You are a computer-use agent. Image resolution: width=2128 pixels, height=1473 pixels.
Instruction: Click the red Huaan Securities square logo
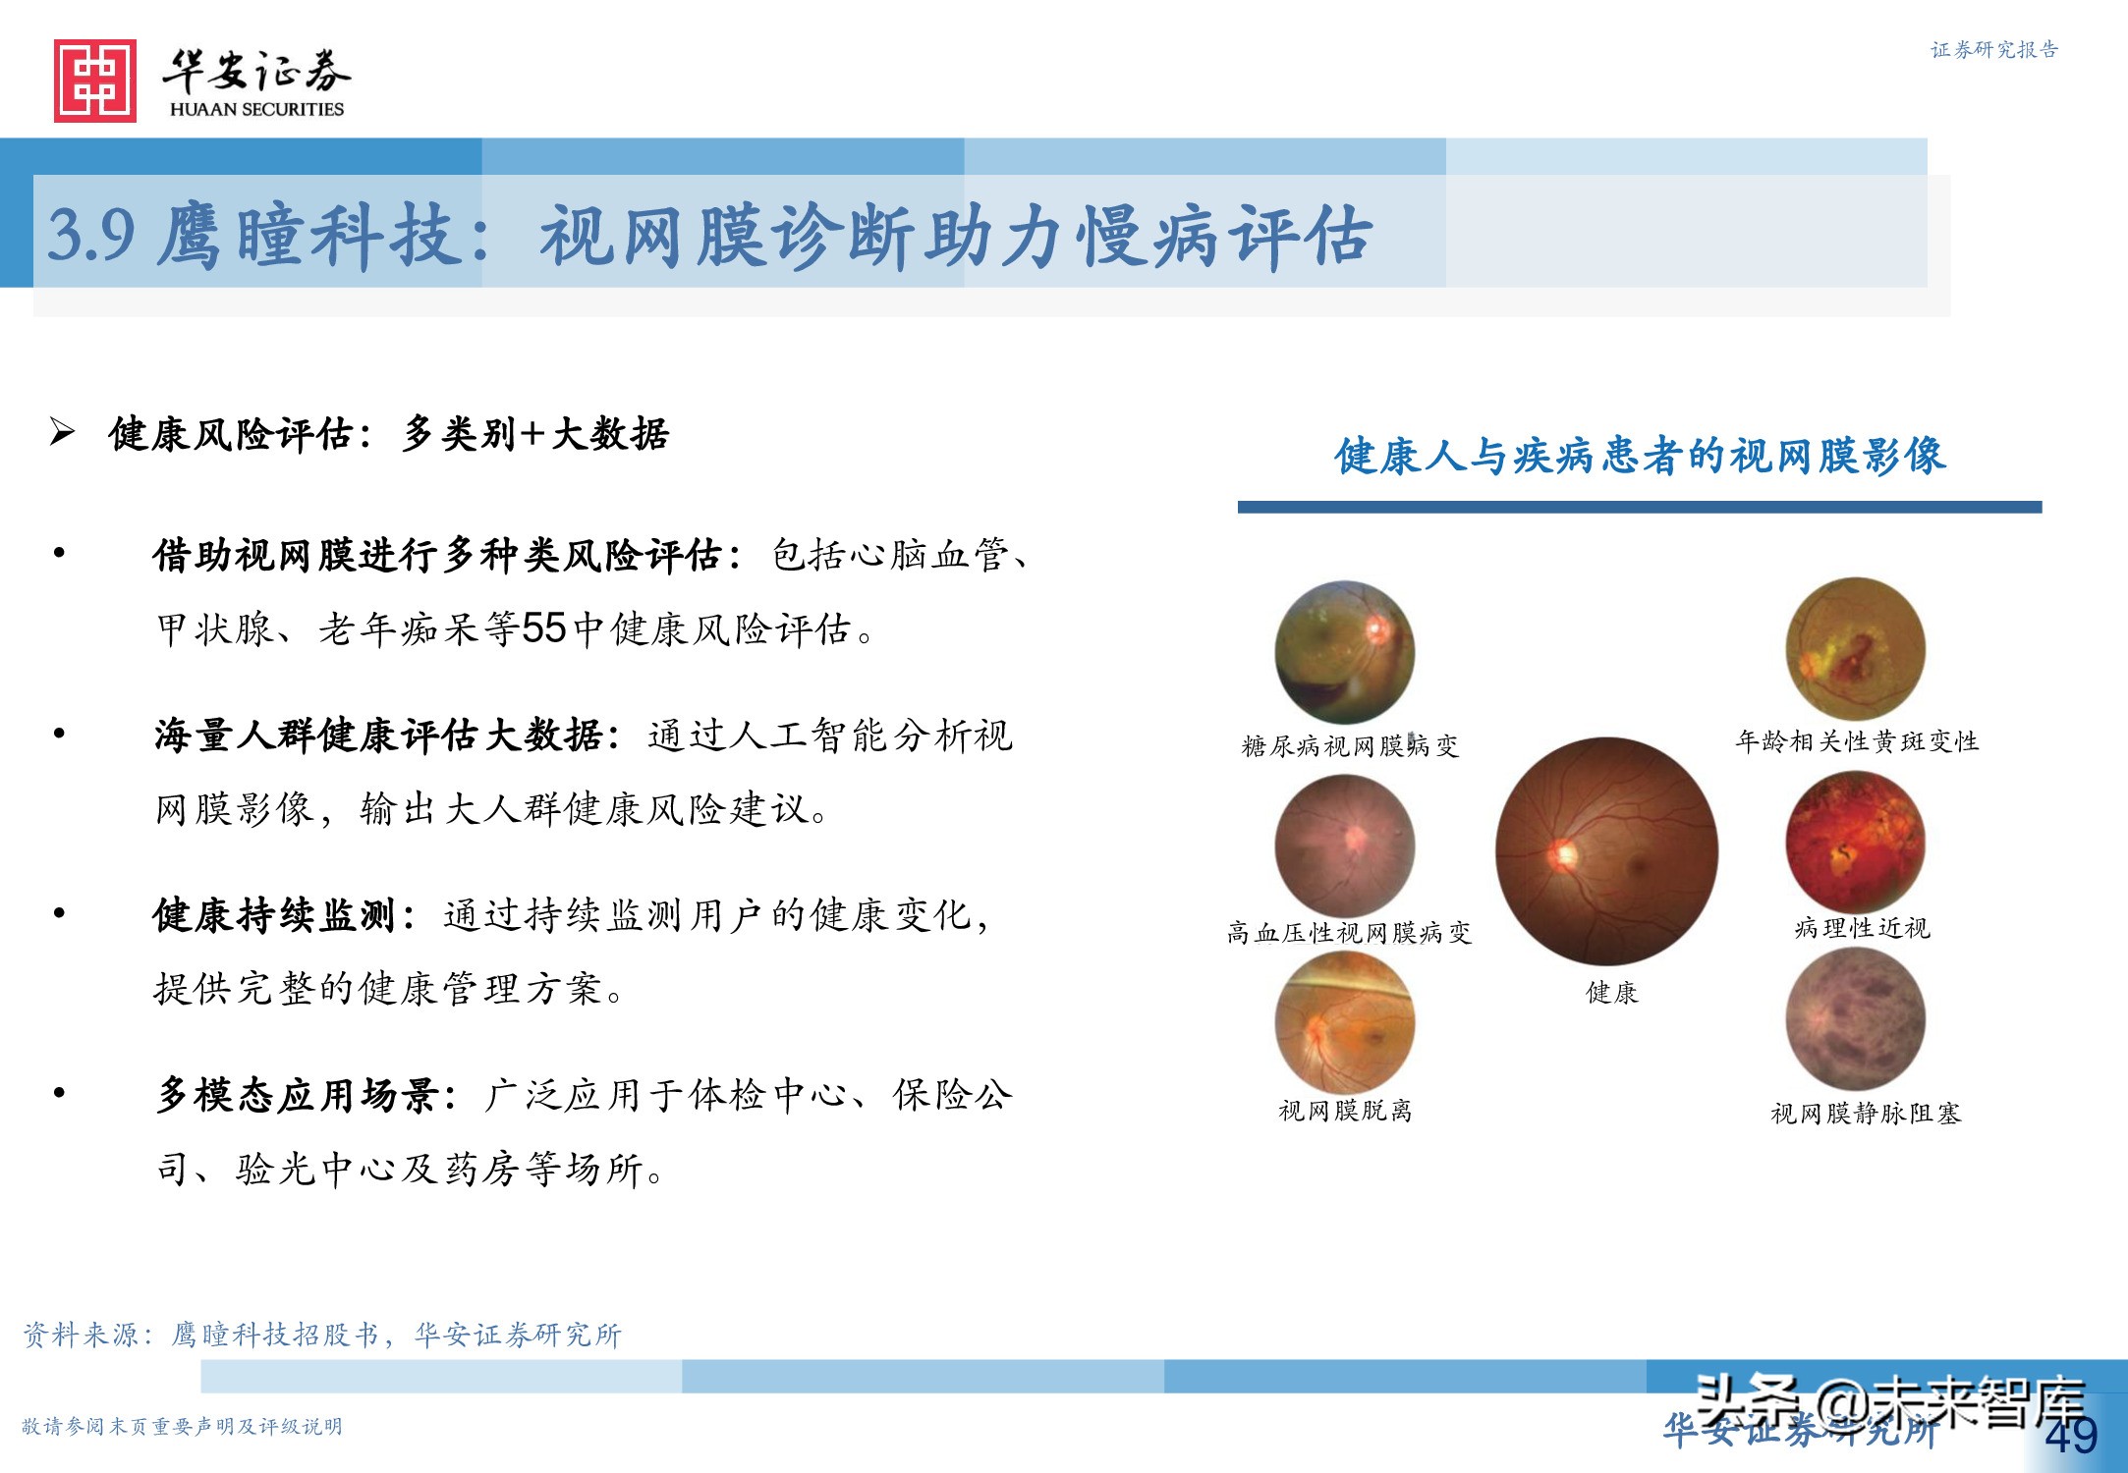[x=95, y=81]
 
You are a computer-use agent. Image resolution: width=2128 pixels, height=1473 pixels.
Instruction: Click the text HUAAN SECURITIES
[x=256, y=109]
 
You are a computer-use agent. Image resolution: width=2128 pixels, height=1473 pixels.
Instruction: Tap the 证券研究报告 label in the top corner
[x=1994, y=50]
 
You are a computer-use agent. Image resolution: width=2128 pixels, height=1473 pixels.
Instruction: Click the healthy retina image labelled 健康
[x=1607, y=850]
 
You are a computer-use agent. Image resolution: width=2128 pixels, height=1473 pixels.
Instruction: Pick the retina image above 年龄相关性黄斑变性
[x=1856, y=648]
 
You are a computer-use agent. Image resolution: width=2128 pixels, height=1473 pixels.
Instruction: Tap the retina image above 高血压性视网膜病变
[x=1345, y=845]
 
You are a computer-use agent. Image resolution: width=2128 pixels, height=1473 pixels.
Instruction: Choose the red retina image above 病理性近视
[x=1856, y=842]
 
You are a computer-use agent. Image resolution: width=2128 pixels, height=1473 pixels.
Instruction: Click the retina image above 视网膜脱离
[x=1345, y=1022]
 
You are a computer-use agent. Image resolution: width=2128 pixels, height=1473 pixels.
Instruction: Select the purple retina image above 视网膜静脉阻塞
[x=1856, y=1019]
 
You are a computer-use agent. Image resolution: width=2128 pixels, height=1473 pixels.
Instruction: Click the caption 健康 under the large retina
[x=1612, y=993]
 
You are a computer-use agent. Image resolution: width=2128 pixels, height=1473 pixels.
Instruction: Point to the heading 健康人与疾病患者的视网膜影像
[x=1640, y=456]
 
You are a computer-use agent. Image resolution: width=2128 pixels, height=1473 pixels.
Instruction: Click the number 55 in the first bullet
[x=543, y=628]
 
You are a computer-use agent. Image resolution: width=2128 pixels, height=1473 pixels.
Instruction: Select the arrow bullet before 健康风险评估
[x=62, y=432]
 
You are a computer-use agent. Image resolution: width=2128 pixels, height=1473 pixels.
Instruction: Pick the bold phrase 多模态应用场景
[x=297, y=1095]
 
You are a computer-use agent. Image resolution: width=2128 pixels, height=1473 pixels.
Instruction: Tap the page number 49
[x=2071, y=1436]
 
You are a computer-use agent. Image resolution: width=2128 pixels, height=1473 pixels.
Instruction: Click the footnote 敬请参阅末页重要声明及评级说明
[x=182, y=1426]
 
